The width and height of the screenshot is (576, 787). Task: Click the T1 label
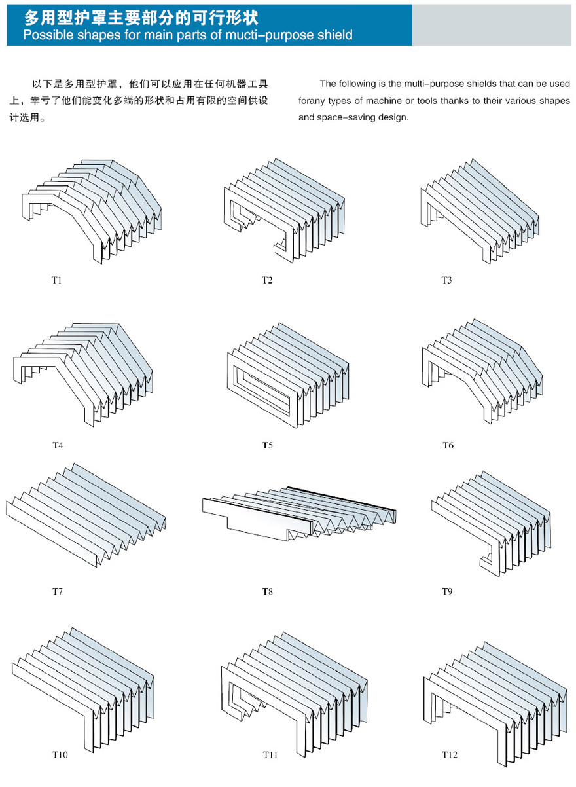pos(57,280)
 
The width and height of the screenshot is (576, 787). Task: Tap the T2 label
pos(267,280)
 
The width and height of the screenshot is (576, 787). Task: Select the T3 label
pos(446,280)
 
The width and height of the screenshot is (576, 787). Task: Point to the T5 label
pos(267,445)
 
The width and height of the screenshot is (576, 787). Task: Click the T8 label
pos(267,591)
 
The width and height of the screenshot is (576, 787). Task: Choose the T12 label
pos(449,755)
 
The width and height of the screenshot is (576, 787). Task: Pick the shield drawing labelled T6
pos(484,370)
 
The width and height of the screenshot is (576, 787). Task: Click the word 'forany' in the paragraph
pos(314,101)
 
